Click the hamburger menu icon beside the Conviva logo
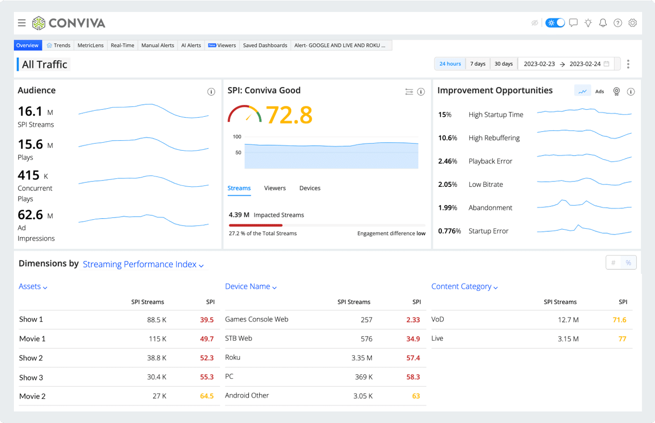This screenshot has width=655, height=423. tap(22, 23)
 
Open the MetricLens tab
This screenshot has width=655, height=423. tap(90, 45)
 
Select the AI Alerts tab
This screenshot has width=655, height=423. tap(191, 45)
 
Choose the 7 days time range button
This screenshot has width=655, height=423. tap(478, 64)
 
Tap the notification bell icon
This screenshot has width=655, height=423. tap(603, 23)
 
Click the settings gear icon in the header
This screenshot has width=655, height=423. tap(633, 23)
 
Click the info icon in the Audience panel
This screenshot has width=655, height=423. tap(211, 92)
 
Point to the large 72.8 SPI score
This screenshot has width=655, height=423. tap(289, 115)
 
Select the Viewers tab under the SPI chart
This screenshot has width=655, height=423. tap(275, 188)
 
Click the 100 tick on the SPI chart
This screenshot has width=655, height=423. tap(237, 137)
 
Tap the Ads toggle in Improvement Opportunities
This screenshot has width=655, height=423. tap(599, 91)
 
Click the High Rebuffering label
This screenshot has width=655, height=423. tap(494, 138)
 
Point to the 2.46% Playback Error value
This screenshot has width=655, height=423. tap(447, 161)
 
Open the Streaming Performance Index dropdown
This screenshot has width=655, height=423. tap(143, 264)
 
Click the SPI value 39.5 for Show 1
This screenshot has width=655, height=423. tap(207, 320)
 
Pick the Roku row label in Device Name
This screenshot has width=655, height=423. tap(233, 357)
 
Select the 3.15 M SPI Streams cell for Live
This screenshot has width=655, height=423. tap(568, 339)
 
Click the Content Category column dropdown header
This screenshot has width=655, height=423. tap(464, 286)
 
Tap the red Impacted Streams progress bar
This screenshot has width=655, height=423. tap(255, 225)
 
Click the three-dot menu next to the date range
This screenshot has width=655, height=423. tap(628, 64)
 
